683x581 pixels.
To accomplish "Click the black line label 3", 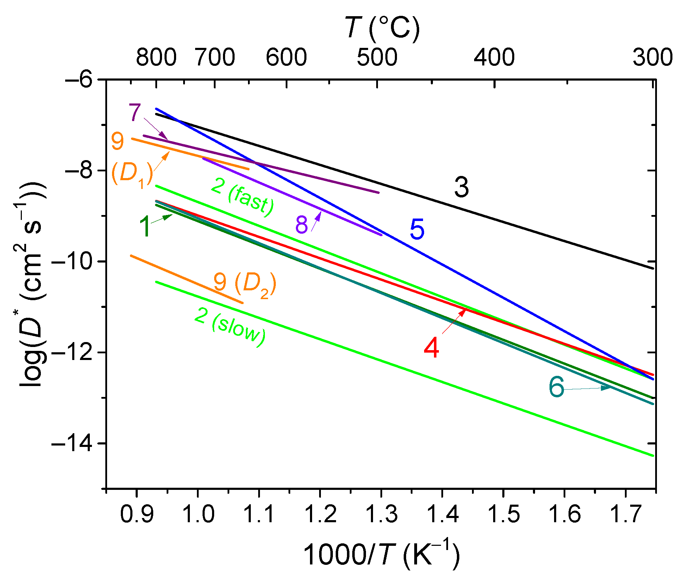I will point(461,188).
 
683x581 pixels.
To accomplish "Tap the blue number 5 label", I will point(417,229).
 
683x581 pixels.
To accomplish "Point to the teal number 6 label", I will point(557,387).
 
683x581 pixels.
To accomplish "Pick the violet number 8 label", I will point(302,225).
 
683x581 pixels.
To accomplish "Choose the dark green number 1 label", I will point(145,226).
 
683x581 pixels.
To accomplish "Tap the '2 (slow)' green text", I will point(230,327).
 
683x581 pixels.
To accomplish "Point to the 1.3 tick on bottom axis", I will point(381,514).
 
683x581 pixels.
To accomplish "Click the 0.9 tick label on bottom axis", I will point(137,514).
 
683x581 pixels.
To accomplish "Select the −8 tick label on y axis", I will point(78,171).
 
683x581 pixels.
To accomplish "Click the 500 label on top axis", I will point(377,57).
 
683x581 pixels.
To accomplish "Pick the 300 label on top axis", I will point(652,57).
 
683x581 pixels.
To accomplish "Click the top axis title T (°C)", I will point(382,28).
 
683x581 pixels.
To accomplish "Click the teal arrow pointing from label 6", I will point(588,388).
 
